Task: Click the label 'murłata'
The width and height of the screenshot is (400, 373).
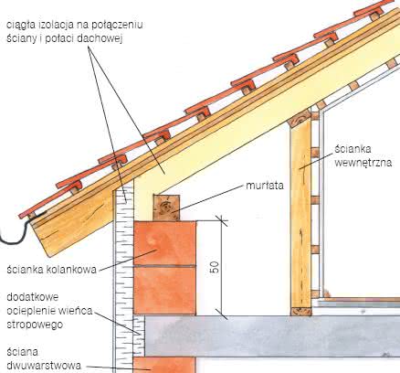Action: pyautogui.click(x=265, y=186)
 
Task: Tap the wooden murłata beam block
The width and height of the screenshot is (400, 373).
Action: pyautogui.click(x=166, y=208)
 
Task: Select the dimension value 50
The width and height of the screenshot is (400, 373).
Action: pyautogui.click(x=215, y=268)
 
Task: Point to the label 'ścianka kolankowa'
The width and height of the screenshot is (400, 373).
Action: pyautogui.click(x=51, y=270)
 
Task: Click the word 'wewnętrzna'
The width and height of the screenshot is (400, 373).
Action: pyautogui.click(x=363, y=163)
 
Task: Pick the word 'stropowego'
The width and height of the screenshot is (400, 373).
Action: pyautogui.click(x=35, y=325)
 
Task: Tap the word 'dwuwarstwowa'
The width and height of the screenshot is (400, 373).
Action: pyautogui.click(x=44, y=366)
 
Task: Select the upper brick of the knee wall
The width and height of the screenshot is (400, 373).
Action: pyautogui.click(x=164, y=243)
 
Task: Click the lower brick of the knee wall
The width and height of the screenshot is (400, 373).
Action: pyautogui.click(x=164, y=291)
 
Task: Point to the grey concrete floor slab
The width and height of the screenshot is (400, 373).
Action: pyautogui.click(x=272, y=336)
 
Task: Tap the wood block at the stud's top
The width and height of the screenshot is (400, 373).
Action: pyautogui.click(x=300, y=120)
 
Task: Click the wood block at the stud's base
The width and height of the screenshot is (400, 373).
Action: pyautogui.click(x=301, y=311)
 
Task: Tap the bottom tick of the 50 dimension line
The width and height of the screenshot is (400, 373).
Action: pyautogui.click(x=222, y=314)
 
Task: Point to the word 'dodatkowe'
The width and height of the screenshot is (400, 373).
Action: pyautogui.click(x=32, y=297)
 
